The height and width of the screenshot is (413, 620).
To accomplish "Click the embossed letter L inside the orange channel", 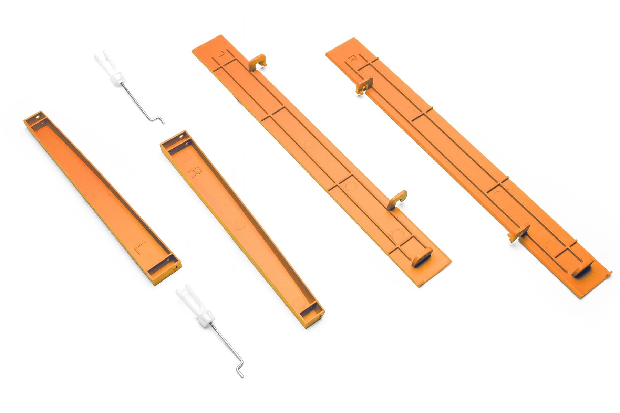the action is (x=141, y=248).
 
